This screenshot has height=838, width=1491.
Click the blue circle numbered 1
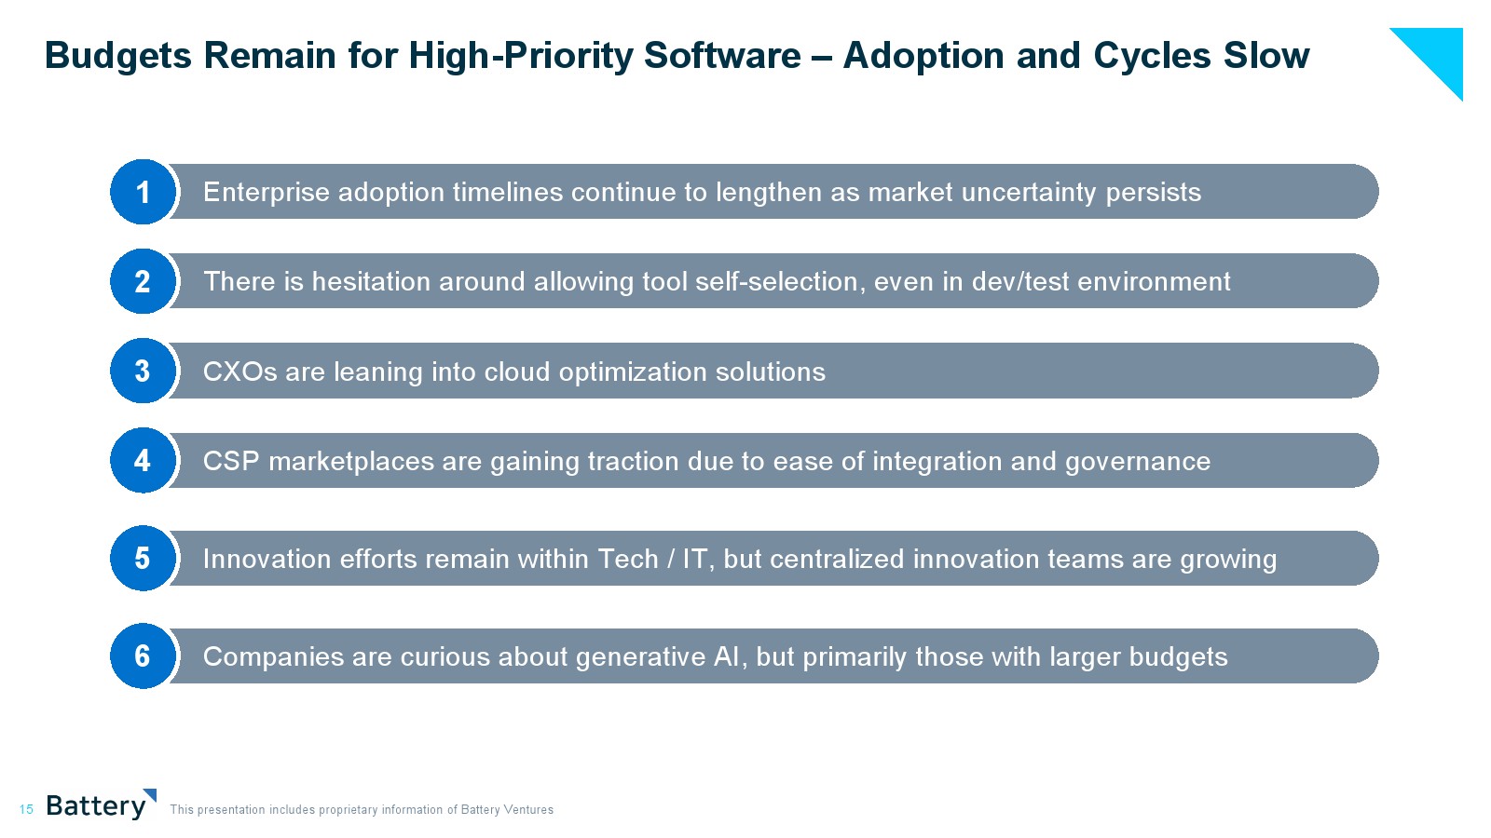[x=143, y=192]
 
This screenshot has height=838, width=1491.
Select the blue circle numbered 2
[x=143, y=280]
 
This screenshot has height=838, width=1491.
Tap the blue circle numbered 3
[x=143, y=371]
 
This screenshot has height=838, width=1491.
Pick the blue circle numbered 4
[x=143, y=460]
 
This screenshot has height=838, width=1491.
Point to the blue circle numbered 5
[x=143, y=558]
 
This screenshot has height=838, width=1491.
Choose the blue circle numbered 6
[x=143, y=656]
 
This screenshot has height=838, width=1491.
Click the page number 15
[x=26, y=809]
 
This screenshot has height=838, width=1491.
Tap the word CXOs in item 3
[x=239, y=372]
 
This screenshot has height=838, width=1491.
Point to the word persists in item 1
[x=1154, y=193]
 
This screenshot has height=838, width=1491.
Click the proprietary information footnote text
[x=362, y=809]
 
